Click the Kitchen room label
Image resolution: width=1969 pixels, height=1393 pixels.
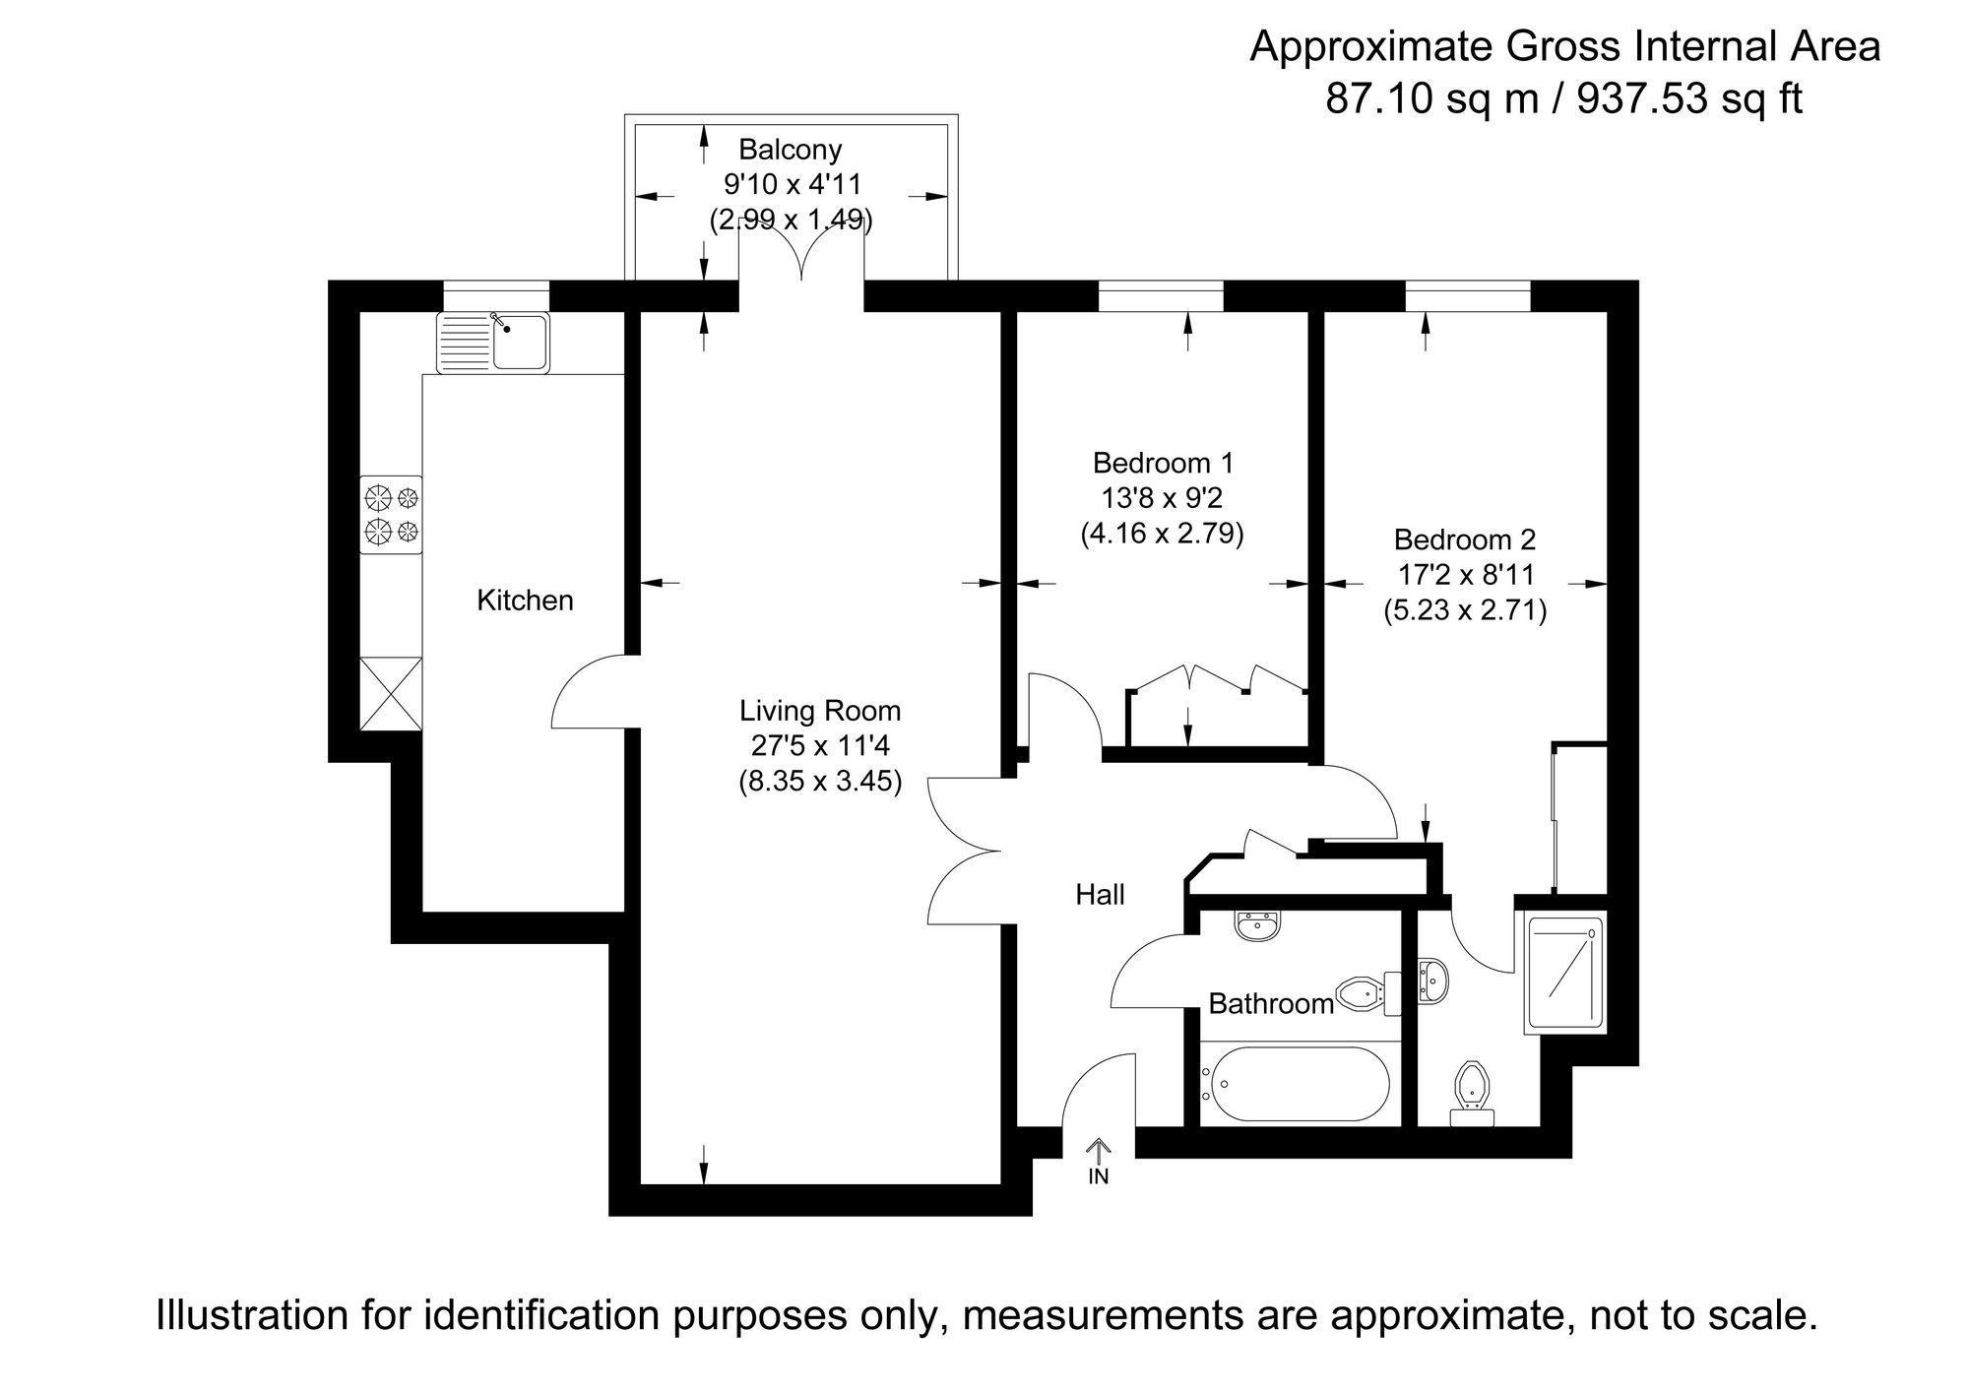(x=525, y=601)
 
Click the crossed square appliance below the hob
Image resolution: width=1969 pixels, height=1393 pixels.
(x=391, y=693)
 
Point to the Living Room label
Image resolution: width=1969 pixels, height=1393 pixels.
(x=820, y=710)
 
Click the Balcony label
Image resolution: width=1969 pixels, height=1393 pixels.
(x=791, y=150)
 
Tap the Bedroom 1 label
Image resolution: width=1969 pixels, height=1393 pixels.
(x=1163, y=463)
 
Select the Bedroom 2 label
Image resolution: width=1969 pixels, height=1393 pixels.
(x=1465, y=539)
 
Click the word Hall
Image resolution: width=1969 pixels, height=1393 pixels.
(x=1100, y=895)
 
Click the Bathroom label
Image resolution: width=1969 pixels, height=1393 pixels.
(x=1271, y=1004)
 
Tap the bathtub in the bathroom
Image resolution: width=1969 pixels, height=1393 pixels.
(x=1294, y=1084)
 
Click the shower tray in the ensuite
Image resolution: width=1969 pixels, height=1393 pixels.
(x=1564, y=973)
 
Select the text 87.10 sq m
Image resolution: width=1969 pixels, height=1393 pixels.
(x=1431, y=98)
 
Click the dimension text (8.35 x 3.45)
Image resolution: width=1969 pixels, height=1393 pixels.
(x=820, y=783)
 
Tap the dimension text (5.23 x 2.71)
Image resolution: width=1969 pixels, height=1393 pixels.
(x=1465, y=611)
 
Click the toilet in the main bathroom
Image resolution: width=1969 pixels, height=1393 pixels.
(x=1369, y=993)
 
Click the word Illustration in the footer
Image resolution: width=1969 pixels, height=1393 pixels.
(x=250, y=1315)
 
